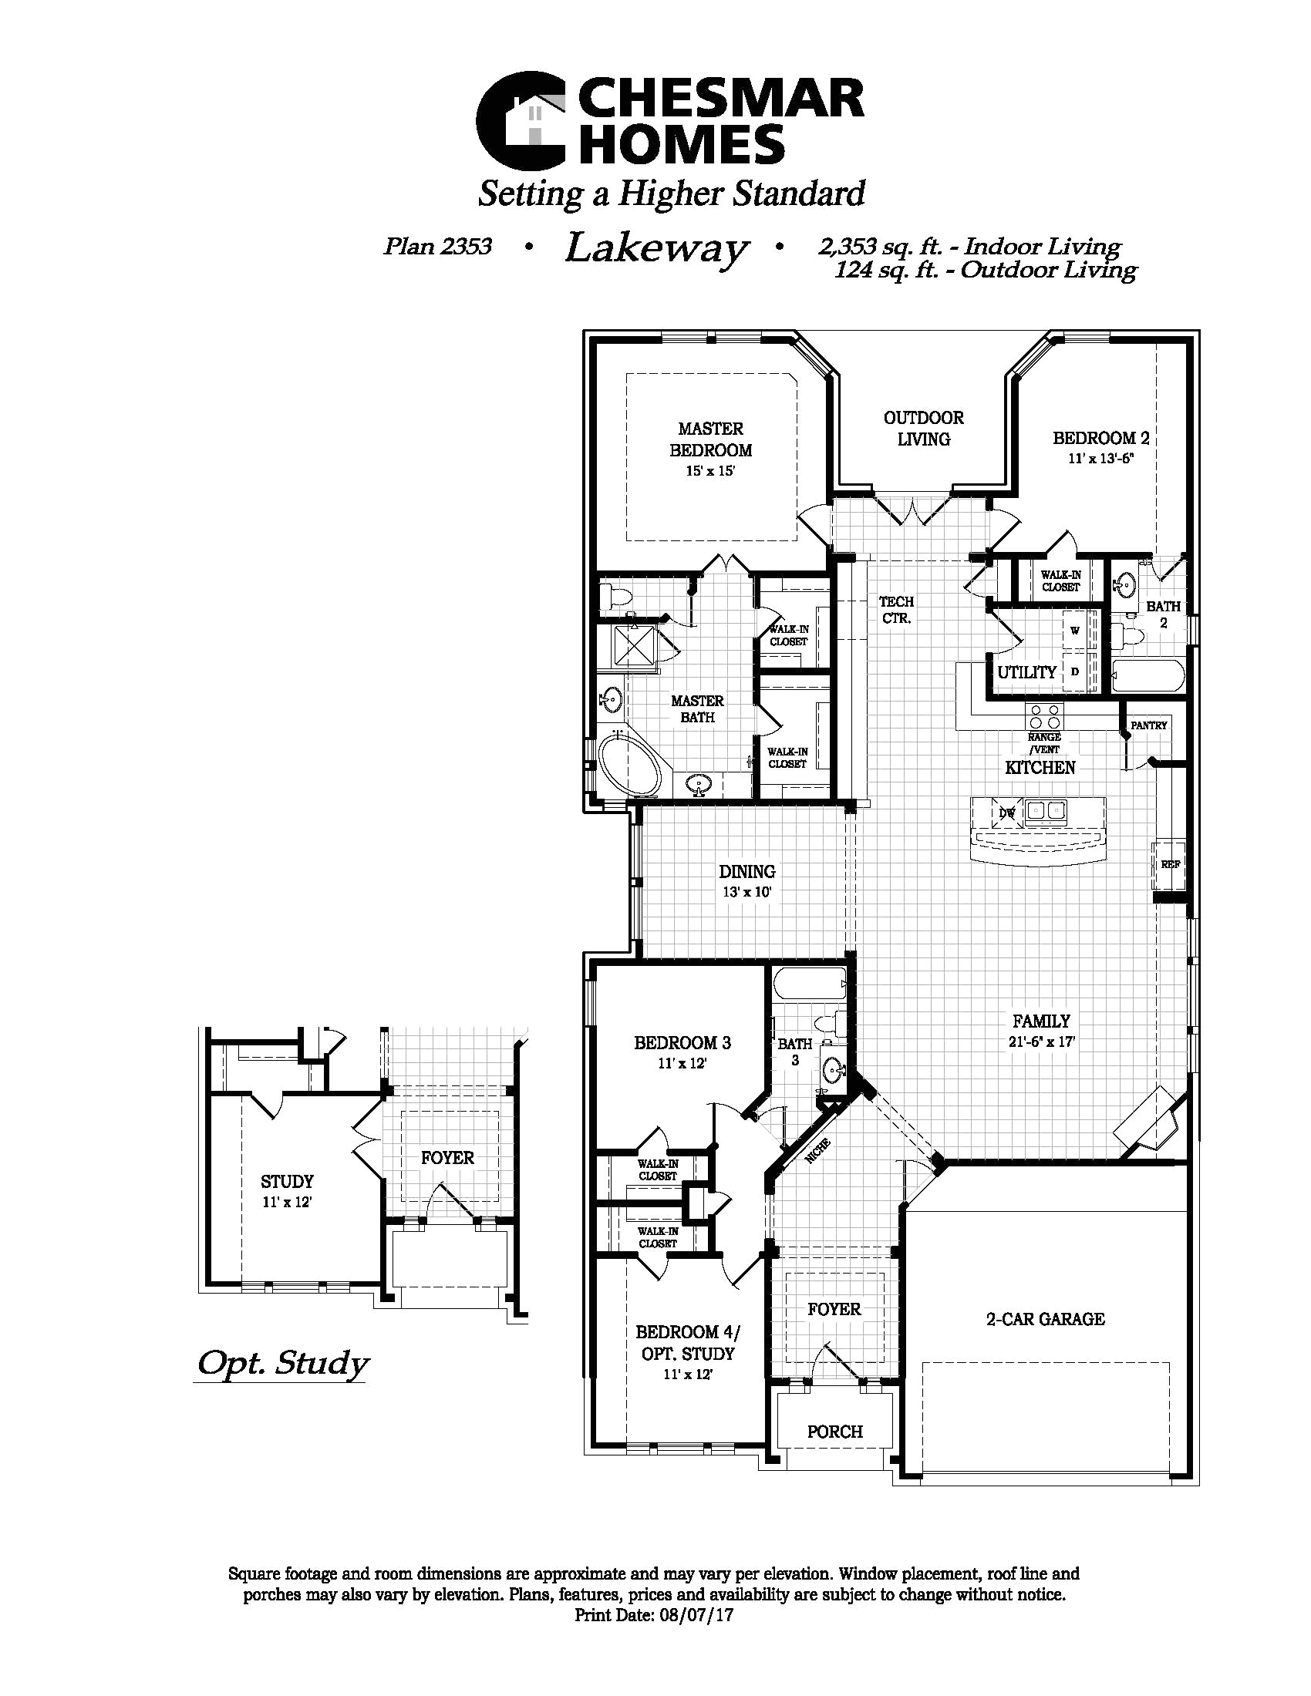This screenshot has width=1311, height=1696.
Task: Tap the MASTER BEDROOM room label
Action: [711, 439]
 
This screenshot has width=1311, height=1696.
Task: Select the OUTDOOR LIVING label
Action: [923, 429]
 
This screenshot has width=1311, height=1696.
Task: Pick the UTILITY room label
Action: [1026, 672]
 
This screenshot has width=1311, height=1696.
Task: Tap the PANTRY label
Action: [1149, 725]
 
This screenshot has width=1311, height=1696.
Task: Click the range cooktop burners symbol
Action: [1045, 715]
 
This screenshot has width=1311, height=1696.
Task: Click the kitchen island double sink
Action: [1046, 812]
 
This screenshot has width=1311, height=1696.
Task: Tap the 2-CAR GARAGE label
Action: [1046, 1318]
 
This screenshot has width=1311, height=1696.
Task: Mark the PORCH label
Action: [835, 1432]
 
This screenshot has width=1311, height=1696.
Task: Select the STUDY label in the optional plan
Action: [287, 1182]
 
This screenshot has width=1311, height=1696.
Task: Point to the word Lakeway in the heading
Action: [657, 250]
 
